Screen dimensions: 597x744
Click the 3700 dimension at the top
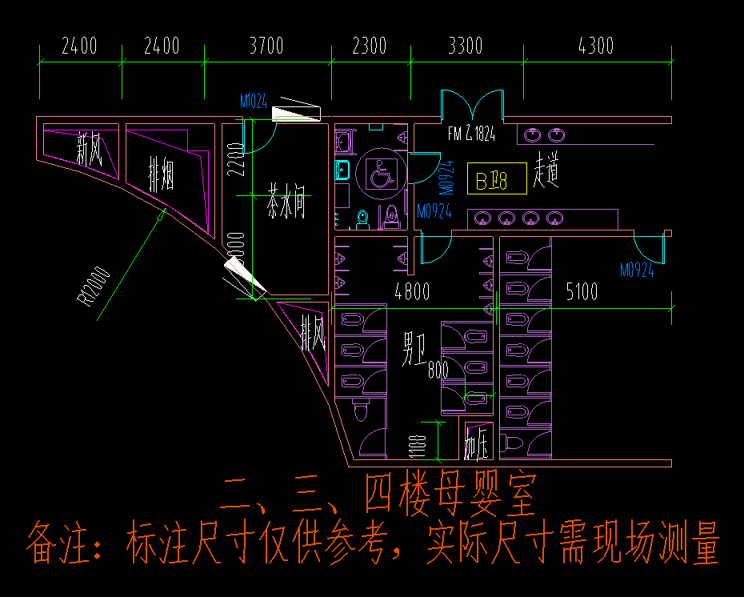(x=266, y=46)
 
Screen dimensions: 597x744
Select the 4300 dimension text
(x=595, y=46)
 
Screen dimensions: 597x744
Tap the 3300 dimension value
(x=465, y=46)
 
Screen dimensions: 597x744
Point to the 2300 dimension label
(x=369, y=46)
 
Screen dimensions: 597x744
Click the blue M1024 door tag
(x=254, y=102)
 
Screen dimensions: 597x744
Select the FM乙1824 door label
(x=471, y=134)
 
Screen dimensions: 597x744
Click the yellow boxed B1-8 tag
(x=496, y=179)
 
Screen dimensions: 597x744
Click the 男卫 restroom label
(x=413, y=350)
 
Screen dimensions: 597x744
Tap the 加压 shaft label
(x=477, y=444)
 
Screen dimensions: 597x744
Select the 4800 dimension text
(x=411, y=291)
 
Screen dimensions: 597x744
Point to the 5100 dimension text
(x=582, y=291)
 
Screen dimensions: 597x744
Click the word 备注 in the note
(x=58, y=543)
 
